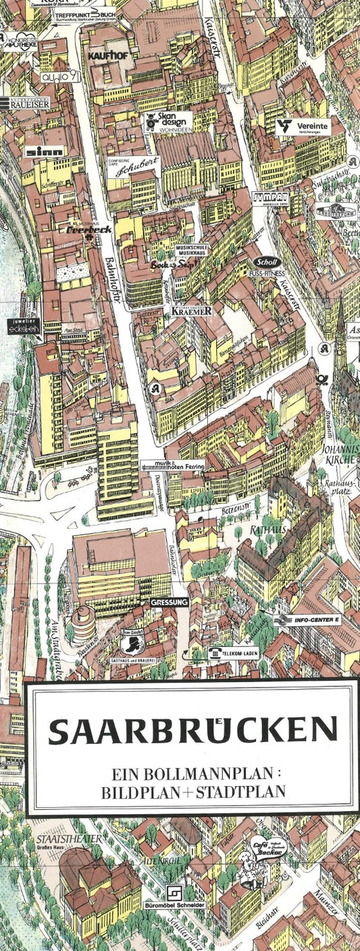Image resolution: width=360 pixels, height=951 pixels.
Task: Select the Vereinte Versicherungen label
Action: (303, 127)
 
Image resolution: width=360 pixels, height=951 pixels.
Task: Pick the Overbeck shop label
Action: (89, 229)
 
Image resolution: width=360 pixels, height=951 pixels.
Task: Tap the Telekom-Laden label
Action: (232, 653)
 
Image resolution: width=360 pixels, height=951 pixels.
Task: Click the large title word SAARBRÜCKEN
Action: (192, 730)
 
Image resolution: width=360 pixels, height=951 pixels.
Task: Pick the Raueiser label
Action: (25, 104)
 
